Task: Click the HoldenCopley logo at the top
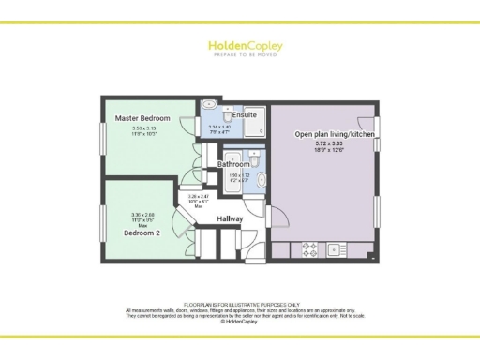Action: click(239, 46)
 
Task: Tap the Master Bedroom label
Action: click(142, 118)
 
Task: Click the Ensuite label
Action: click(245, 114)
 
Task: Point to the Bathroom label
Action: click(233, 164)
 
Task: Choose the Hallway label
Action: click(231, 218)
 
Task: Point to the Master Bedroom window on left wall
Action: click(103, 132)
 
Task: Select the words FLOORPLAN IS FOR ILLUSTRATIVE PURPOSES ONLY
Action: click(240, 305)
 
